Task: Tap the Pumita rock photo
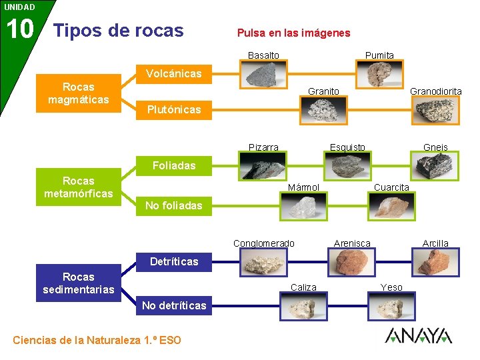point(379,73)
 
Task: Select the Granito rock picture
point(323,110)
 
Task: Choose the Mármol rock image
point(304,207)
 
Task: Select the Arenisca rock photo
point(352,262)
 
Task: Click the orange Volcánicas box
point(173,73)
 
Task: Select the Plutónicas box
point(173,109)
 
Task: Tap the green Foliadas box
point(173,165)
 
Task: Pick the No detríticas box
point(173,305)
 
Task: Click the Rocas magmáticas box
point(78,93)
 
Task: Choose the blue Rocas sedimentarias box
point(78,283)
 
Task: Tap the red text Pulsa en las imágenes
point(293,33)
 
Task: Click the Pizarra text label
point(263,147)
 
